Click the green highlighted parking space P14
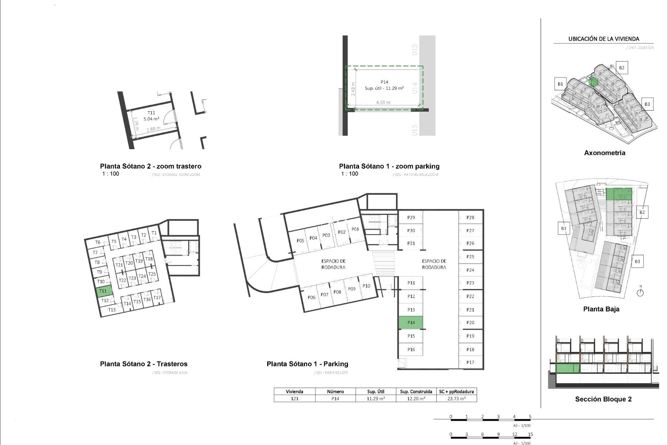coord(411,323)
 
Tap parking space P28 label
coord(470,218)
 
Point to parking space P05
coord(300,241)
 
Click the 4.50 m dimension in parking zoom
coord(383,103)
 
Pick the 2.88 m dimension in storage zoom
coord(153,129)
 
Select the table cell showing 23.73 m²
coord(456,399)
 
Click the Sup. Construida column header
coord(416,391)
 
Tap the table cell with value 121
coord(295,399)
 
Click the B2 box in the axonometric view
coord(622,68)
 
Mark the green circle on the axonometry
coord(594,82)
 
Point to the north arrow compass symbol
coord(640,292)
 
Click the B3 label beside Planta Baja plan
coord(637,261)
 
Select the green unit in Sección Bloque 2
coord(568,368)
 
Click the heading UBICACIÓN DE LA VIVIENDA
coord(604,39)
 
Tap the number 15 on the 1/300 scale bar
coord(530,434)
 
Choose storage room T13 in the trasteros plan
coord(112,310)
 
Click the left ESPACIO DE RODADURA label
coord(333,264)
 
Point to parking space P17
coord(470,362)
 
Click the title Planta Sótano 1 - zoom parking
coord(389,166)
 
